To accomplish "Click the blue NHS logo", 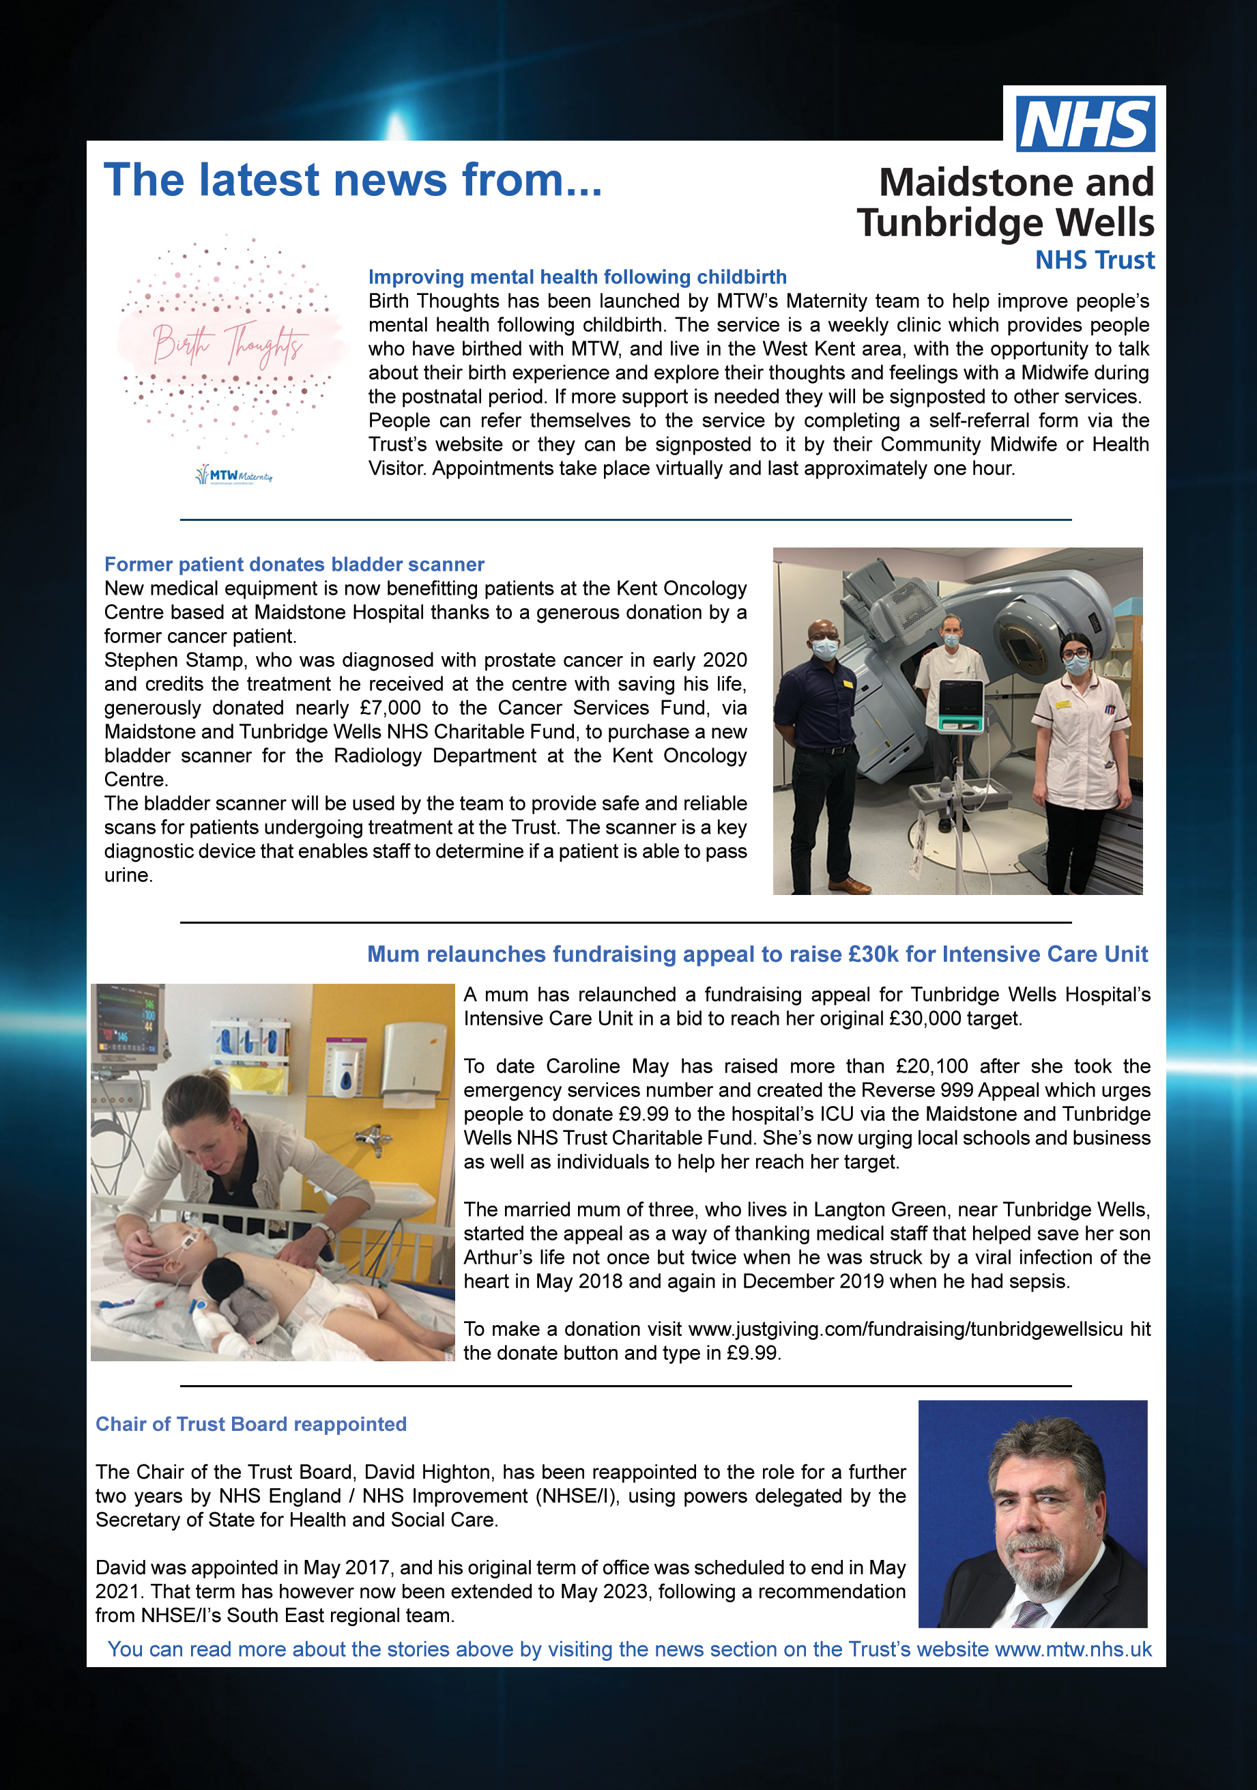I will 1085,124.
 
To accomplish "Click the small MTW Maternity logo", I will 234,474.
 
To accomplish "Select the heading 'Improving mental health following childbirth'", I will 577,278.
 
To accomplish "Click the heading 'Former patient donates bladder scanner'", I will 294,565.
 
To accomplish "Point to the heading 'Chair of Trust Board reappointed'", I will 251,1424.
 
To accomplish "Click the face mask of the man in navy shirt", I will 825,647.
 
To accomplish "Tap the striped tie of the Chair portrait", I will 1028,1614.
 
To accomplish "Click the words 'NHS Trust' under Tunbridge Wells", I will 1094,260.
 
